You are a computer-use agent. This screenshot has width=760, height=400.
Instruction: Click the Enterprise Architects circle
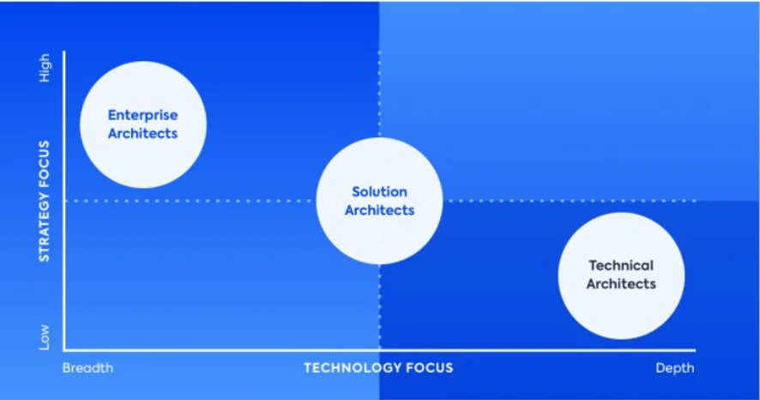(x=143, y=124)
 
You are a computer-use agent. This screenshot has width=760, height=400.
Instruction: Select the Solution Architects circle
(x=379, y=201)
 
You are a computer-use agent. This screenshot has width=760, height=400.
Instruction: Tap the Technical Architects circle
(x=621, y=276)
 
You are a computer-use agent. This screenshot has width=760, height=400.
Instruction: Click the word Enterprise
(x=143, y=115)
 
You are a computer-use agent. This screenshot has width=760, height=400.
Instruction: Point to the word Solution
(x=379, y=191)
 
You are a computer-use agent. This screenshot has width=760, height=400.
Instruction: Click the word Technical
(x=621, y=266)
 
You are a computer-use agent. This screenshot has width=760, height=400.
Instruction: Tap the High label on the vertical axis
(x=44, y=68)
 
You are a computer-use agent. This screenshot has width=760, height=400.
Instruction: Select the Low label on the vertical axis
(x=44, y=337)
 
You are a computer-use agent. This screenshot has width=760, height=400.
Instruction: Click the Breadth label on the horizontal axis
(x=87, y=368)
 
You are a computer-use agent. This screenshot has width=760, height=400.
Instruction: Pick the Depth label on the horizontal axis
(x=675, y=368)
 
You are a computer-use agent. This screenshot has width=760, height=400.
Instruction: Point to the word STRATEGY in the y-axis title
(x=44, y=227)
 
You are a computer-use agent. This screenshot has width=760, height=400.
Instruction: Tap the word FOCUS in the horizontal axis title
(x=430, y=368)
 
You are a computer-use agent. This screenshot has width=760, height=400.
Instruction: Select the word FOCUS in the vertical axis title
(x=44, y=164)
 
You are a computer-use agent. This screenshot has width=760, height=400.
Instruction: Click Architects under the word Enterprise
(x=143, y=133)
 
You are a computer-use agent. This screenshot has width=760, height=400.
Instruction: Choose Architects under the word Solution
(x=379, y=210)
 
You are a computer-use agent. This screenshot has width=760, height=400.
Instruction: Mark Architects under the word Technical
(x=621, y=283)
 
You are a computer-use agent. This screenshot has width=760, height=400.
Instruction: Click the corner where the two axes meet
(x=64, y=349)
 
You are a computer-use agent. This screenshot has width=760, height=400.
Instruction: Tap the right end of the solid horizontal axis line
(x=696, y=349)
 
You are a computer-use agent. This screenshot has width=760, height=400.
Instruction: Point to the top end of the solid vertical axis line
(x=64, y=52)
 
